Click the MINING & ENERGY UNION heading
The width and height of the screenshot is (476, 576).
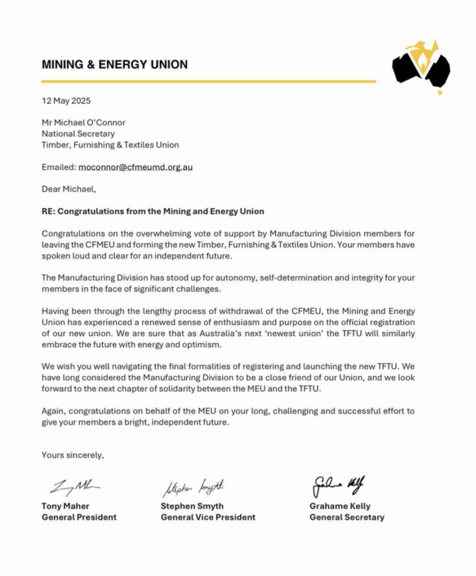(x=114, y=65)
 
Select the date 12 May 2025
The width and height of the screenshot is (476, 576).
(x=66, y=101)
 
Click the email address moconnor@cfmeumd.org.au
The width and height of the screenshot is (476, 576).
(x=136, y=167)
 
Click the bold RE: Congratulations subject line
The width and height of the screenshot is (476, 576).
(x=153, y=211)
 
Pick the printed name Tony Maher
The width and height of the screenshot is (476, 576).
(x=65, y=506)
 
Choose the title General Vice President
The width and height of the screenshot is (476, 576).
(x=208, y=517)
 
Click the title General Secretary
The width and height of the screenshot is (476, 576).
(x=346, y=517)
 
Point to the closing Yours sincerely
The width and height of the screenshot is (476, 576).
(x=73, y=455)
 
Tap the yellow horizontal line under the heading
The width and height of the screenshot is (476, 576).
(x=208, y=82)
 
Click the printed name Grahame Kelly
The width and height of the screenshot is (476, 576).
(x=340, y=506)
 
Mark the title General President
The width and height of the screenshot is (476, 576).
(x=79, y=517)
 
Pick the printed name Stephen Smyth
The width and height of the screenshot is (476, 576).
(x=192, y=506)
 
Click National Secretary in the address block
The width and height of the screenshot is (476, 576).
(x=78, y=134)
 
